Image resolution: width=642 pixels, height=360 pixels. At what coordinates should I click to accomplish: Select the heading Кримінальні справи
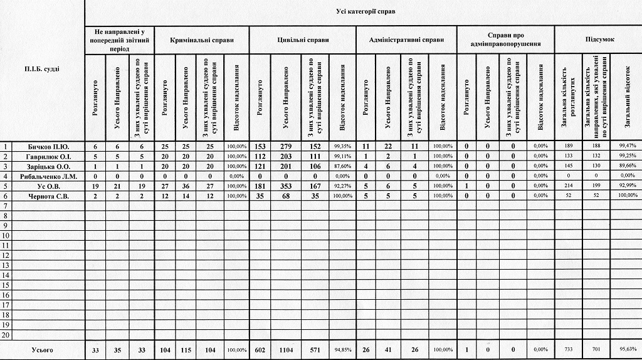[x=202, y=40]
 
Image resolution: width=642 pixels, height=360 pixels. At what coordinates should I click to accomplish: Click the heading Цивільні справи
[x=303, y=40]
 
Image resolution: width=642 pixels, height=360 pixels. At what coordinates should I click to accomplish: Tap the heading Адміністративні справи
[x=406, y=40]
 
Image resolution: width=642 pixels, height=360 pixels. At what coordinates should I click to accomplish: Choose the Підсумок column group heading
[x=599, y=40]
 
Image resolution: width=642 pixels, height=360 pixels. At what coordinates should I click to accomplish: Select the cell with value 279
[x=285, y=147]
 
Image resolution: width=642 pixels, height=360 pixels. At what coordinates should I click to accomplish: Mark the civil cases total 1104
[x=285, y=349]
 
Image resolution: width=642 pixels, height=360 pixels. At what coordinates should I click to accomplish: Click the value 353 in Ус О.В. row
[x=285, y=187]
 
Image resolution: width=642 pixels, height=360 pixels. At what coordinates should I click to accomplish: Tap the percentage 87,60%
[x=342, y=167]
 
